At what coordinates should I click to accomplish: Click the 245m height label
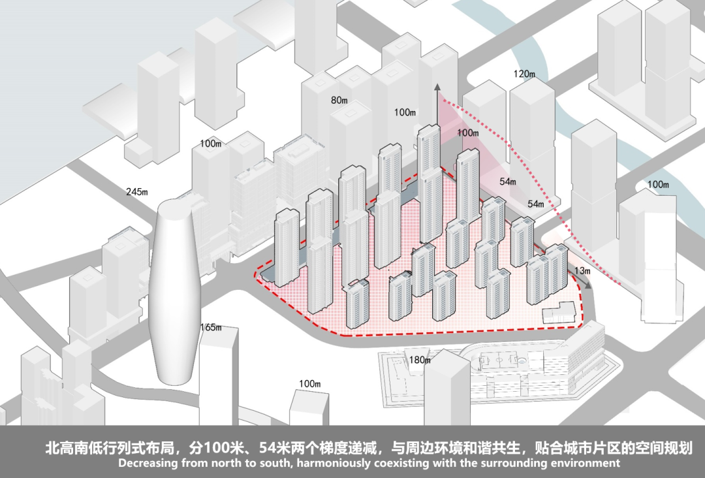137,192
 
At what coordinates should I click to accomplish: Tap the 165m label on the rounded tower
211,327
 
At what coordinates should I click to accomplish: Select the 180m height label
420,360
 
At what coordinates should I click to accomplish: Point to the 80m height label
339,101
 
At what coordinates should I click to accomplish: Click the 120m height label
524,74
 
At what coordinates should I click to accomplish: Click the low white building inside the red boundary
561,313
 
